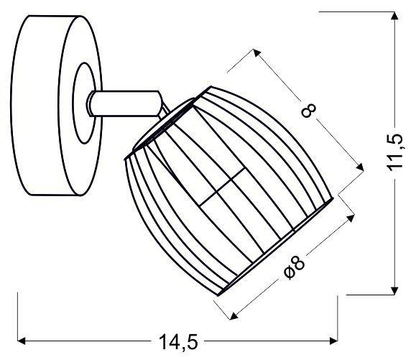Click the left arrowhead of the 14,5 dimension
pos(22,340)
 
